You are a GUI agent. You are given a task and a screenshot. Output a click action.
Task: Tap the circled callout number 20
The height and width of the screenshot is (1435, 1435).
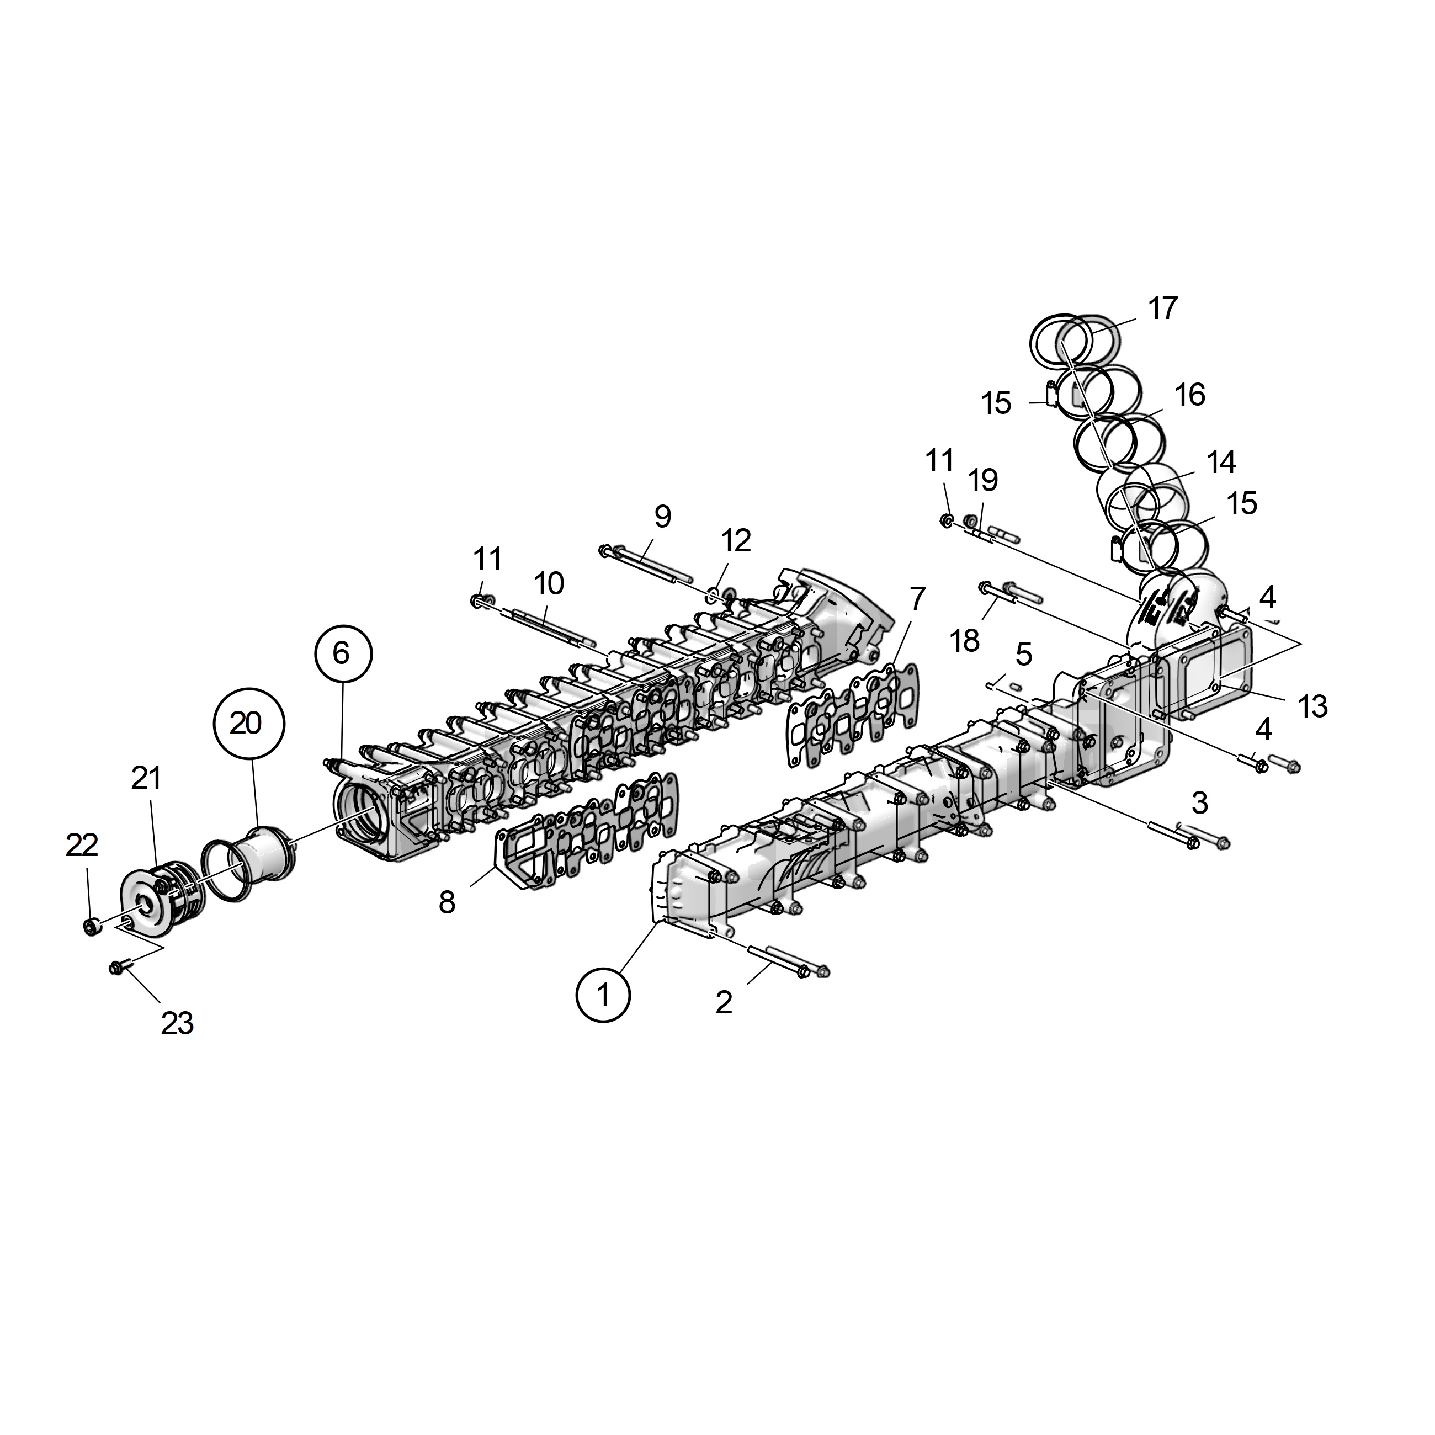(x=246, y=722)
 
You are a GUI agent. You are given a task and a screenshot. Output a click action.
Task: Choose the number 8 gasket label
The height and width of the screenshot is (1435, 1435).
(x=447, y=902)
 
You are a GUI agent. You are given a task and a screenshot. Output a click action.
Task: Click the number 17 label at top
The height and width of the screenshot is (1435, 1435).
(x=1163, y=307)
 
